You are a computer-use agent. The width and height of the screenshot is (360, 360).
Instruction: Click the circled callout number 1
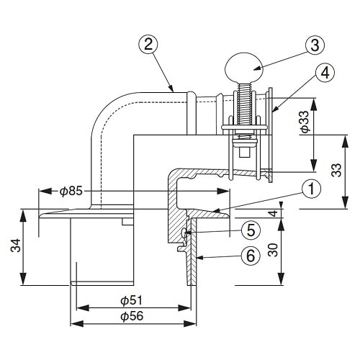coord(310,190)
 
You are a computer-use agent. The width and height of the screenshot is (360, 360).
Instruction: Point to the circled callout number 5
coord(250,230)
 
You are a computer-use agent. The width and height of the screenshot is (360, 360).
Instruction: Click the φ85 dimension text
coord(73,192)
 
